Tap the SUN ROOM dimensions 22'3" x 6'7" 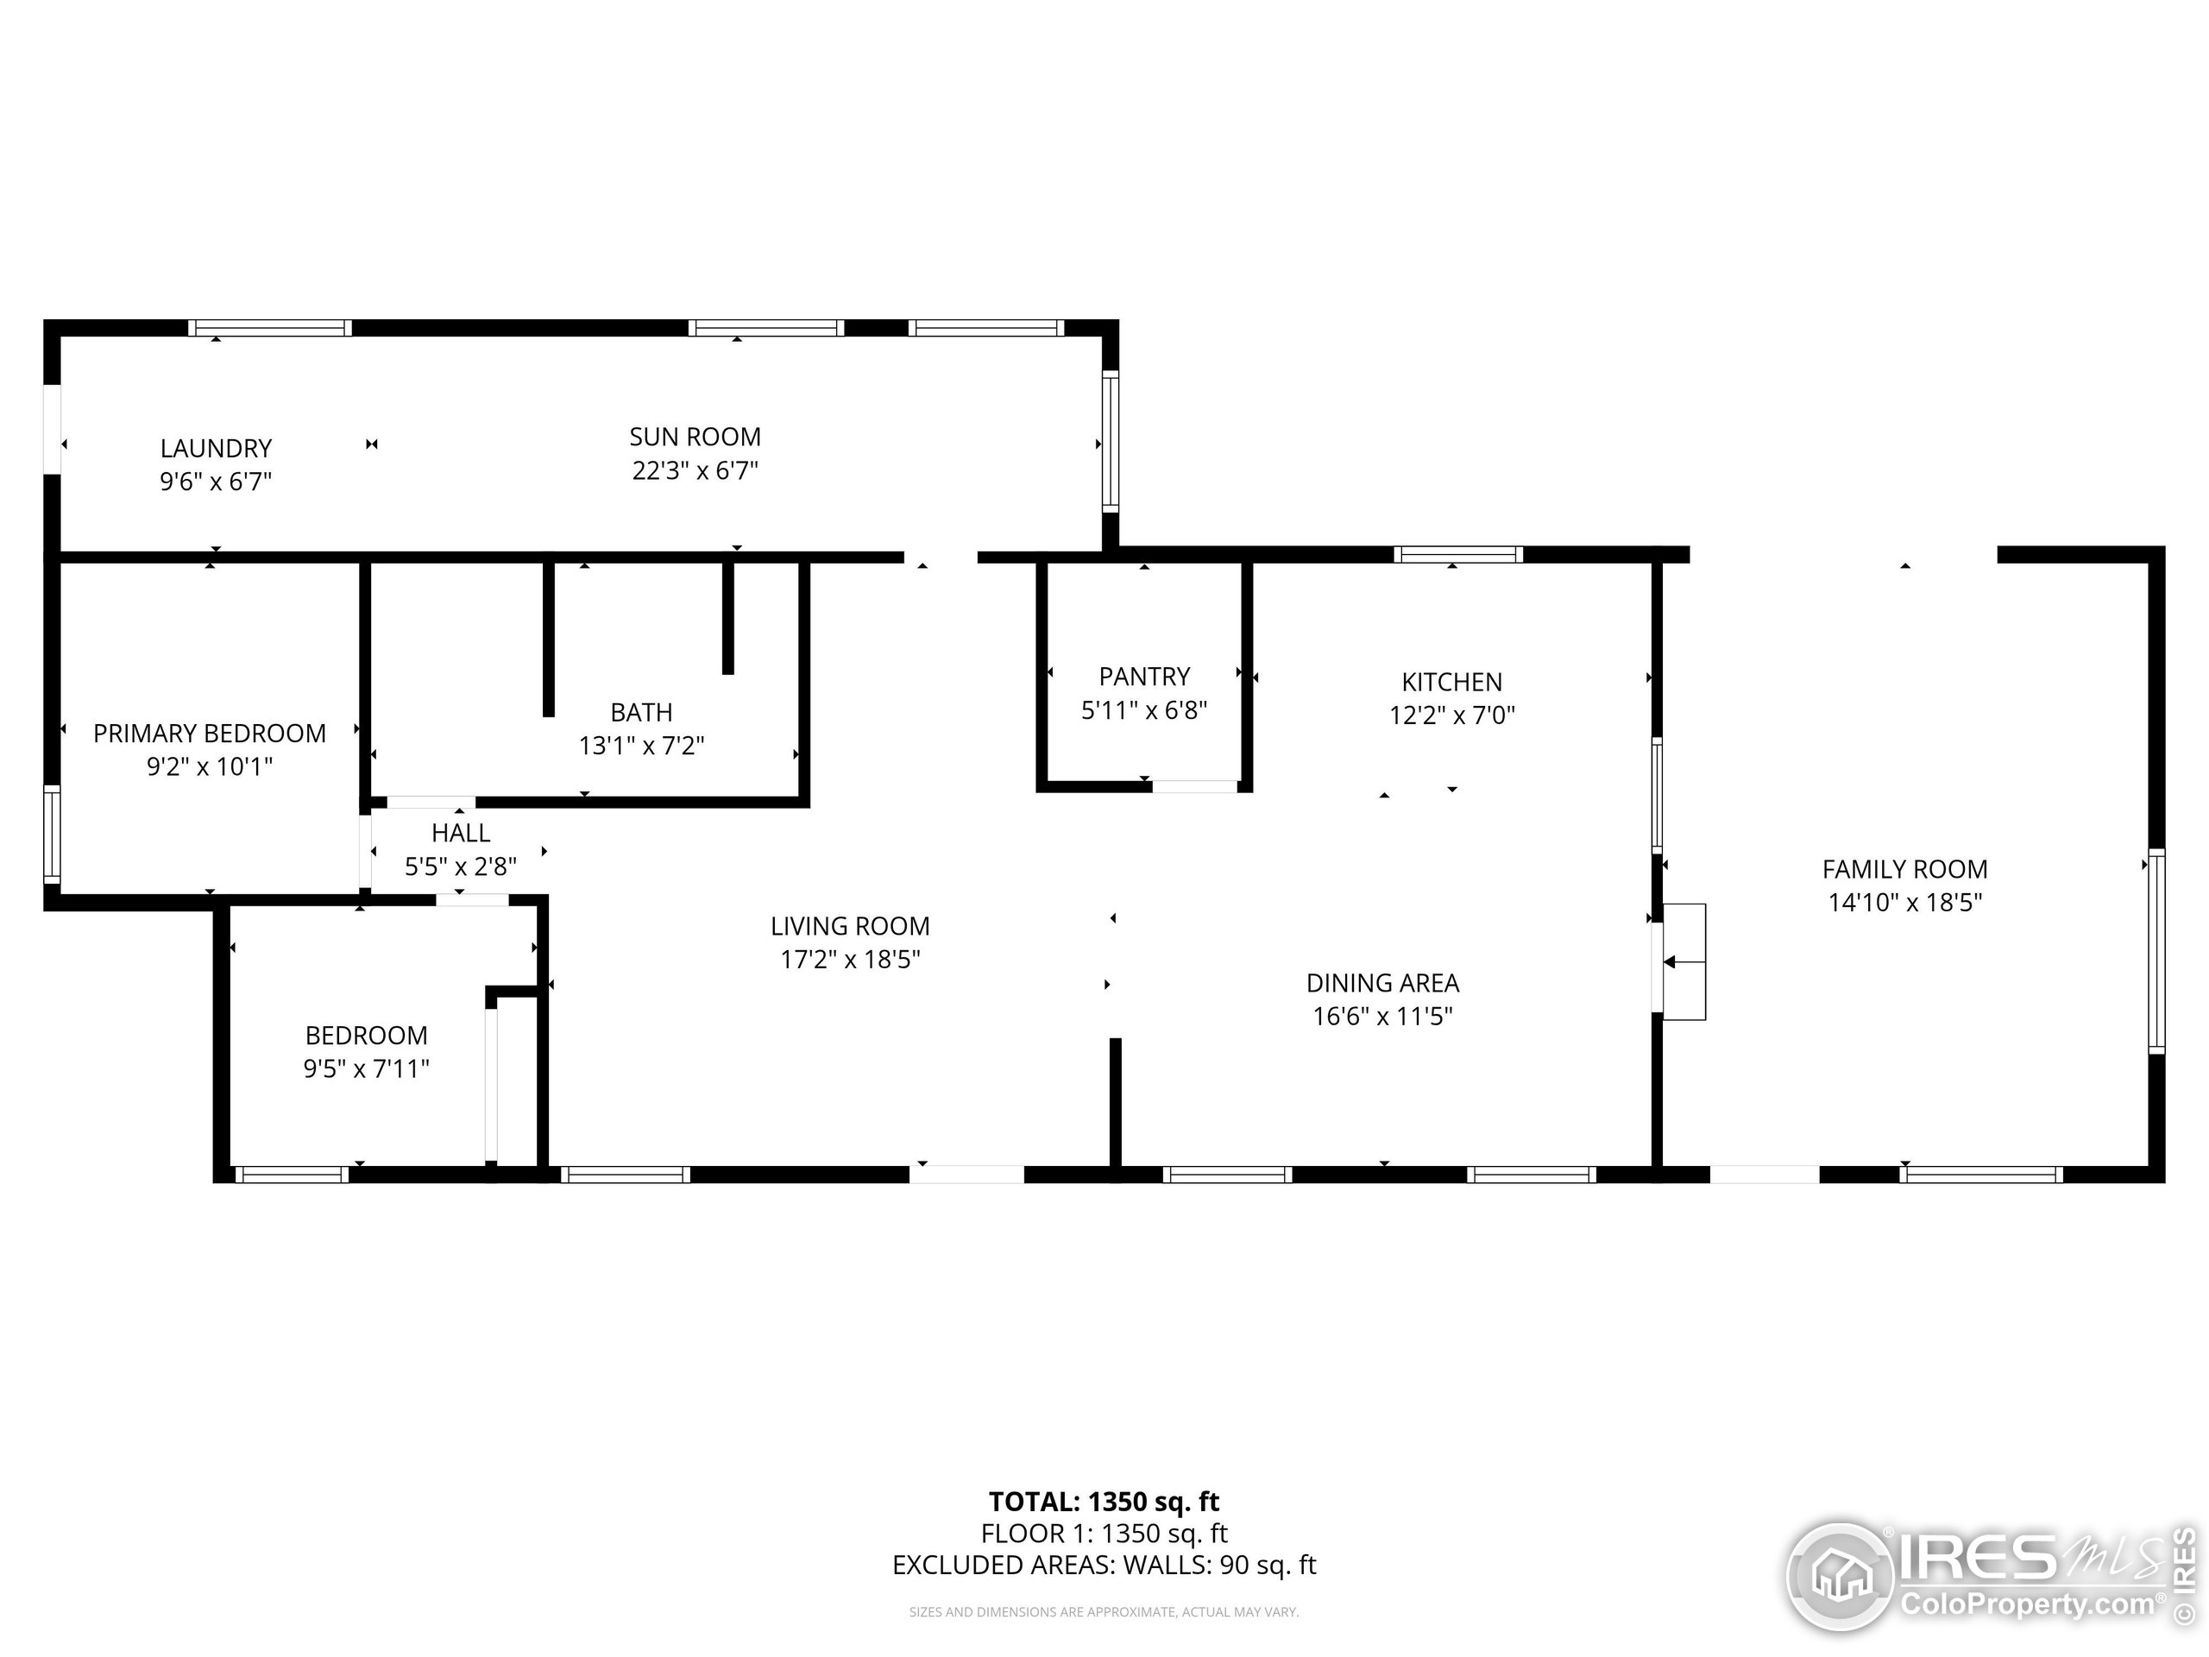click(x=695, y=470)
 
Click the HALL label click(x=461, y=832)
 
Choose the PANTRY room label click(x=1144, y=677)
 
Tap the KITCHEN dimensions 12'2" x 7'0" click(x=1452, y=715)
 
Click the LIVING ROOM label click(x=850, y=926)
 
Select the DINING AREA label click(x=1382, y=983)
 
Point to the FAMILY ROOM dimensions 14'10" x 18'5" click(x=1904, y=903)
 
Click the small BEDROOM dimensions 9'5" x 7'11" click(x=367, y=1068)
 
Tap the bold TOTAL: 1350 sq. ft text click(x=1104, y=1501)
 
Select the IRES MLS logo click(x=1987, y=1576)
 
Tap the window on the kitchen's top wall click(x=1458, y=554)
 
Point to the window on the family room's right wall click(x=2156, y=951)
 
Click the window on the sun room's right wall click(x=1110, y=442)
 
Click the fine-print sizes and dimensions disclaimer click(x=1104, y=1611)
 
